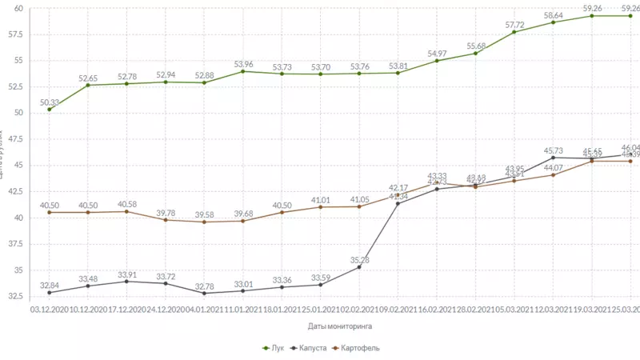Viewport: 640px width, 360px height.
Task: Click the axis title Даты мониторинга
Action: (x=338, y=326)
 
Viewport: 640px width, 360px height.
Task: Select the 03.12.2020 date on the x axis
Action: (x=49, y=308)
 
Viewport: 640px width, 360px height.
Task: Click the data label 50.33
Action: (x=49, y=102)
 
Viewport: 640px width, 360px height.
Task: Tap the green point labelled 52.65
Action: (x=88, y=85)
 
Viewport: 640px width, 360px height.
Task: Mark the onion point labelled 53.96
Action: (x=243, y=71)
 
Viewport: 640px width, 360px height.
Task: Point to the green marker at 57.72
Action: (x=514, y=32)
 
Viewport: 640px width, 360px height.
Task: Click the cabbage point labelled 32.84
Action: (x=49, y=293)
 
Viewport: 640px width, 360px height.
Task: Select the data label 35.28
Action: (x=359, y=259)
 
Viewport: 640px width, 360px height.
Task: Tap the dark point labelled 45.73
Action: (x=553, y=158)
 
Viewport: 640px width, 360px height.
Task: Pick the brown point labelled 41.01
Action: (x=321, y=207)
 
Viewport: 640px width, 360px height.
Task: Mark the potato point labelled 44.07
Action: (x=553, y=175)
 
